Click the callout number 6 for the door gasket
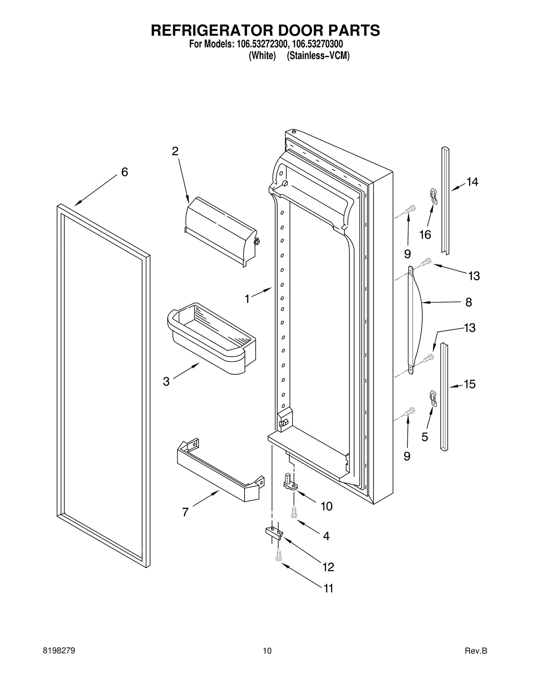(x=124, y=172)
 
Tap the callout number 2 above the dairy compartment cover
(x=175, y=152)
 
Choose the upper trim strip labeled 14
(x=445, y=200)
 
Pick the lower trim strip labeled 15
(x=444, y=396)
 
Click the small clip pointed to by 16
(x=433, y=196)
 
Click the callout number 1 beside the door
(x=247, y=299)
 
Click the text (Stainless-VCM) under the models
(x=318, y=56)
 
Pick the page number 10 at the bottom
(x=267, y=651)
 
